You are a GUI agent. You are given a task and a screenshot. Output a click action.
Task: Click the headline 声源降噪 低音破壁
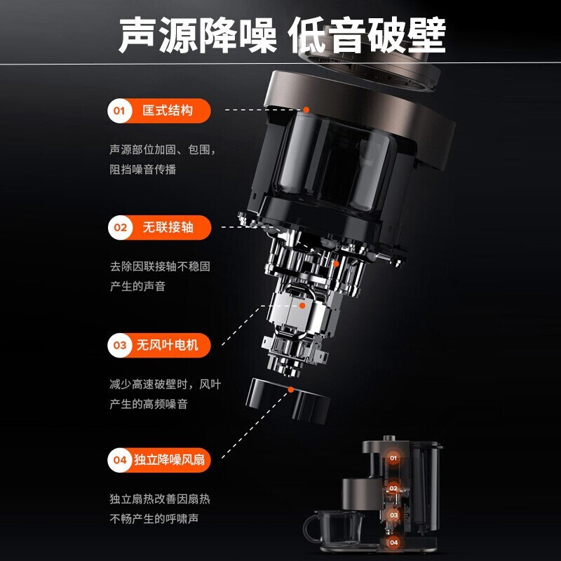pyautogui.click(x=283, y=36)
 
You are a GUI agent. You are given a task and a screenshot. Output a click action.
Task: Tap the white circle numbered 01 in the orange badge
pyautogui.click(x=119, y=111)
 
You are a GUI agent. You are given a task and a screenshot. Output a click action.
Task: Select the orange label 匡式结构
pyautogui.click(x=168, y=111)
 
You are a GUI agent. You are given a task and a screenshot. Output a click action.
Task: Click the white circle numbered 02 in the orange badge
pyautogui.click(x=120, y=227)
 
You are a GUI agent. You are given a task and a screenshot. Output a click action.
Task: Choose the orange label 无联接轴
pyautogui.click(x=168, y=227)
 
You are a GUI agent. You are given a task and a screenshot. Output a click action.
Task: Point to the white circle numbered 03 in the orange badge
pyautogui.click(x=120, y=345)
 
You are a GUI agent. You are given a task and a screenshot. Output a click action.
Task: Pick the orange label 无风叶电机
pyautogui.click(x=167, y=345)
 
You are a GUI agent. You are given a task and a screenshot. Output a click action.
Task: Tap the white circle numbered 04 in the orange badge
pyautogui.click(x=119, y=460)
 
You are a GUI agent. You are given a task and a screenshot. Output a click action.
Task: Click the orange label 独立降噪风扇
pyautogui.click(x=169, y=460)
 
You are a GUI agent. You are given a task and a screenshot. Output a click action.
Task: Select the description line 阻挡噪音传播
pyautogui.click(x=143, y=169)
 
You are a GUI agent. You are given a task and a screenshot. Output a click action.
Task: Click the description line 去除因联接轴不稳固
pyautogui.click(x=160, y=266)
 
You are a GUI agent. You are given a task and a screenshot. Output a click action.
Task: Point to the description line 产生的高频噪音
pyautogui.click(x=149, y=405)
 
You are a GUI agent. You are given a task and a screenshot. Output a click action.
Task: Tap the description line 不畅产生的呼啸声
pyautogui.click(x=154, y=519)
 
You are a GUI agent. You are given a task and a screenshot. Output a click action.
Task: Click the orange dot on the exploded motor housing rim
pyautogui.click(x=306, y=110)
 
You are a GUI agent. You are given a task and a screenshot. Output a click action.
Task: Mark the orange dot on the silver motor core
pyautogui.click(x=302, y=306)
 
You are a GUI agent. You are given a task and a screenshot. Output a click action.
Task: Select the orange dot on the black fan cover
pyautogui.click(x=291, y=390)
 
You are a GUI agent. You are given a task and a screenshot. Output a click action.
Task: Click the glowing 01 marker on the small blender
pyautogui.click(x=393, y=458)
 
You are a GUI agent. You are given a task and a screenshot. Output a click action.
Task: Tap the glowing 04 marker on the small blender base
pyautogui.click(x=393, y=542)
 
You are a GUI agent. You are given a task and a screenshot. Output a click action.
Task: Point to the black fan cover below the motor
pyautogui.click(x=288, y=401)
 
